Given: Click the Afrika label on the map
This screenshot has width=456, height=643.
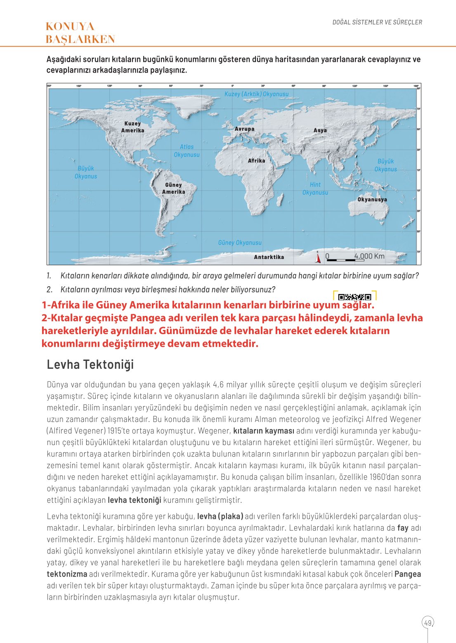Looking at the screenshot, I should pyautogui.click(x=256, y=161).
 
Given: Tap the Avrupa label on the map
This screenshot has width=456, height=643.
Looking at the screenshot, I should pyautogui.click(x=244, y=129).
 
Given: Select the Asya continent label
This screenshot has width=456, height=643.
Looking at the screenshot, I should pyautogui.click(x=320, y=130).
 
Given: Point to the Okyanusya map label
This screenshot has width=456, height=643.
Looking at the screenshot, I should pyautogui.click(x=372, y=200).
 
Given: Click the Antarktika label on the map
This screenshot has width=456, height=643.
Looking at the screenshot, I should pyautogui.click(x=269, y=257).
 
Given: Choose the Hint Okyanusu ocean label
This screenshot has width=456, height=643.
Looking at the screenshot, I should pyautogui.click(x=315, y=188).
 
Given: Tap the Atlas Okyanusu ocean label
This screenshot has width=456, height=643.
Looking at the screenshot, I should pyautogui.click(x=187, y=151).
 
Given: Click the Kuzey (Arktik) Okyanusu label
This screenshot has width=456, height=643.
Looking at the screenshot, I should pyautogui.click(x=256, y=94).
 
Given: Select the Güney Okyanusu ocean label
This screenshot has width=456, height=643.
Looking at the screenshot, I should pyautogui.click(x=240, y=243).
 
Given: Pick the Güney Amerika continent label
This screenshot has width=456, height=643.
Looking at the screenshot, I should pyautogui.click(x=173, y=188).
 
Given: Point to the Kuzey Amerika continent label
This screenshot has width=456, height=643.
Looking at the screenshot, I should pyautogui.click(x=132, y=127).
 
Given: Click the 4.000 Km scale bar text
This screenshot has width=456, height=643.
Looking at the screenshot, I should pyautogui.click(x=369, y=256).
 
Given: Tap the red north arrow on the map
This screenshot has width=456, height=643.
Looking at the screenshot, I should pyautogui.click(x=318, y=257).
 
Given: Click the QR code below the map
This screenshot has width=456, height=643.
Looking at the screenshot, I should pyautogui.click(x=354, y=297).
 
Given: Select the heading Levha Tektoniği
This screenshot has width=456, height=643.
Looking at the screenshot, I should pyautogui.click(x=90, y=365).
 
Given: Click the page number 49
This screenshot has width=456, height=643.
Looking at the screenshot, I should pyautogui.click(x=428, y=623).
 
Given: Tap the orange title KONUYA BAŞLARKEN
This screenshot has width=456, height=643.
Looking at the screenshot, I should pyautogui.click(x=80, y=33).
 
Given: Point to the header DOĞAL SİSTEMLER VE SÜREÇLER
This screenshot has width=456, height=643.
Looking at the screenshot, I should pyautogui.click(x=377, y=22).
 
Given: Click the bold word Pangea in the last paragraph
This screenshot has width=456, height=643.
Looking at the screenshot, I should pyautogui.click(x=408, y=574).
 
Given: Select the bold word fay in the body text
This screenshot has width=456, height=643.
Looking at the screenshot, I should pyautogui.click(x=402, y=528).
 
